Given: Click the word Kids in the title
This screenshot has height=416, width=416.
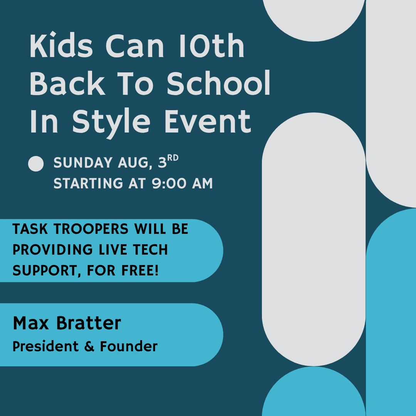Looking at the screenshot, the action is pyautogui.click(x=61, y=45).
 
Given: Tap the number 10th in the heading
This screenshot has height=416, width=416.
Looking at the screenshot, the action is pyautogui.click(x=211, y=45).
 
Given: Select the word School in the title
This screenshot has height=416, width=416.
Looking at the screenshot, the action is pyautogui.click(x=218, y=83).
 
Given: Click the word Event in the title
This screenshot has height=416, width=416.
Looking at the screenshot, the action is pyautogui.click(x=208, y=121).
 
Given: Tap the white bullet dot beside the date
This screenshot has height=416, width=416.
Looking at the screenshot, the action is pyautogui.click(x=36, y=164).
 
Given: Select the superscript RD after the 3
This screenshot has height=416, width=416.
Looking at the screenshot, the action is pyautogui.click(x=173, y=158).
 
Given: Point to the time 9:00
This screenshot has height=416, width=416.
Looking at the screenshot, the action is pyautogui.click(x=169, y=183).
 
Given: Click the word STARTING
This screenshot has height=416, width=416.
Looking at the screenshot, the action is pyautogui.click(x=88, y=183).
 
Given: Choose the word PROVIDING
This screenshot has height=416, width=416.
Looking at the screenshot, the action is pyautogui.click(x=52, y=250).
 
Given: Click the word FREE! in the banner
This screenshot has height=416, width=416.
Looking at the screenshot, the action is pyautogui.click(x=140, y=270).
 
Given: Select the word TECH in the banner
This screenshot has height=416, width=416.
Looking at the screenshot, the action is pyautogui.click(x=150, y=250).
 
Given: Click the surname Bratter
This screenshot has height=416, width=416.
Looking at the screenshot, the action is pyautogui.click(x=89, y=323).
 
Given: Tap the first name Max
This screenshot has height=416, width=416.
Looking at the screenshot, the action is pyautogui.click(x=31, y=323).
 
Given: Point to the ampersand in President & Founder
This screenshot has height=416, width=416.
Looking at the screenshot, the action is pyautogui.click(x=89, y=347).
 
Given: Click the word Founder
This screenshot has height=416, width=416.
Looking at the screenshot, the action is pyautogui.click(x=129, y=346).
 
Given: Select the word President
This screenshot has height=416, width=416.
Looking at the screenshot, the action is pyautogui.click(x=45, y=346).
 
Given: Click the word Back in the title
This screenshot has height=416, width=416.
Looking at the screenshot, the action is pyautogui.click(x=67, y=83).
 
